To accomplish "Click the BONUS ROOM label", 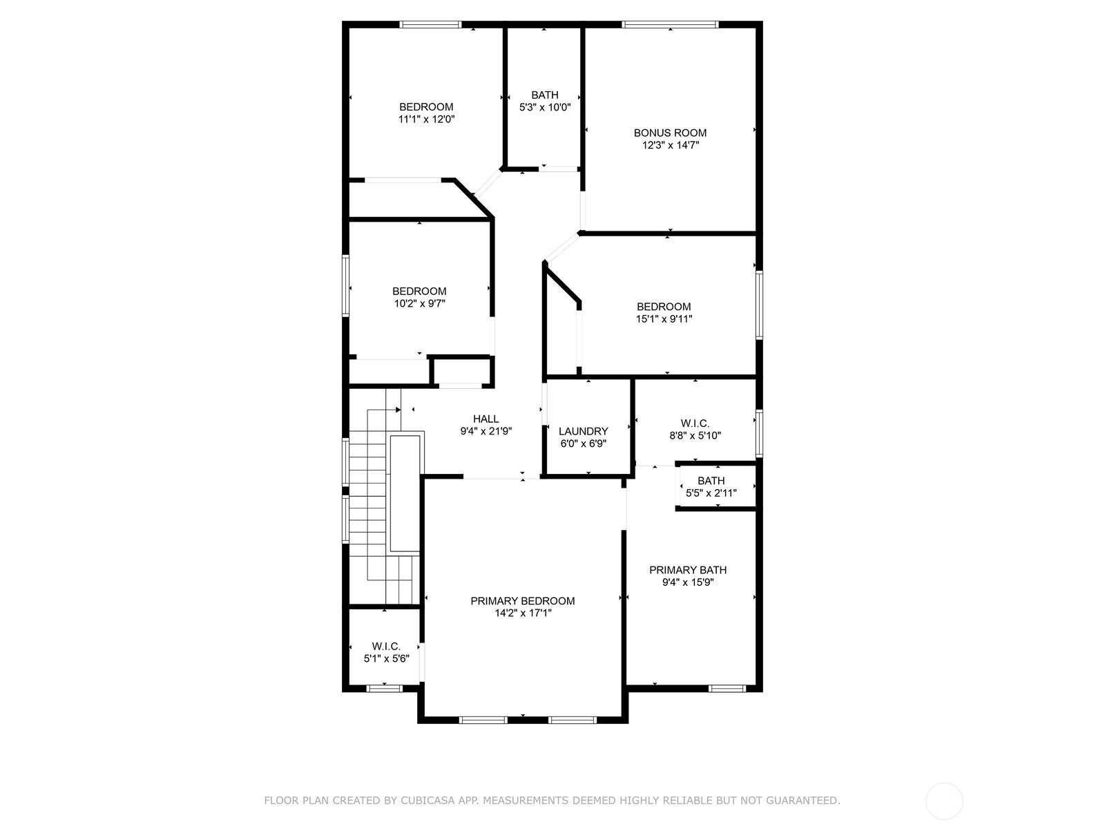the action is (x=669, y=133).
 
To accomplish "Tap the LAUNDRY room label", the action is (x=583, y=431).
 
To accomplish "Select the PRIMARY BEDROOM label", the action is (x=523, y=601).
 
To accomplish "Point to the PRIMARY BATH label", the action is (x=688, y=571).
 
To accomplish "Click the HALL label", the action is (x=486, y=419).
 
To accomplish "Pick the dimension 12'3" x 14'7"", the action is (x=671, y=146).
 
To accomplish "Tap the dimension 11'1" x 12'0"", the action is (x=426, y=120).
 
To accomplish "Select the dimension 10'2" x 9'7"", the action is (x=419, y=303).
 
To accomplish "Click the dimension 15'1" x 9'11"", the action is (x=664, y=319).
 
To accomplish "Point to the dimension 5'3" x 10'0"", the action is (x=545, y=107).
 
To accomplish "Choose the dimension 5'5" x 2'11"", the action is (x=711, y=493).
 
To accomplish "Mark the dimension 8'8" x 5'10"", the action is (x=695, y=436).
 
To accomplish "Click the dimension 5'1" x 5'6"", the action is (x=386, y=659).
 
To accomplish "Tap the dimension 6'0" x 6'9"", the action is (x=583, y=444).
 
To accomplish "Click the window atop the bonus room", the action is (x=670, y=24).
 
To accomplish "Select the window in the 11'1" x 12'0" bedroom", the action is (x=430, y=24).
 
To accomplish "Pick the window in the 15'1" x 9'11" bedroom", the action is (x=759, y=305).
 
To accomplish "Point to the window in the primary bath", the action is (x=727, y=689).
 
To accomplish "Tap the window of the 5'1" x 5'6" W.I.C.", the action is (x=384, y=689).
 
